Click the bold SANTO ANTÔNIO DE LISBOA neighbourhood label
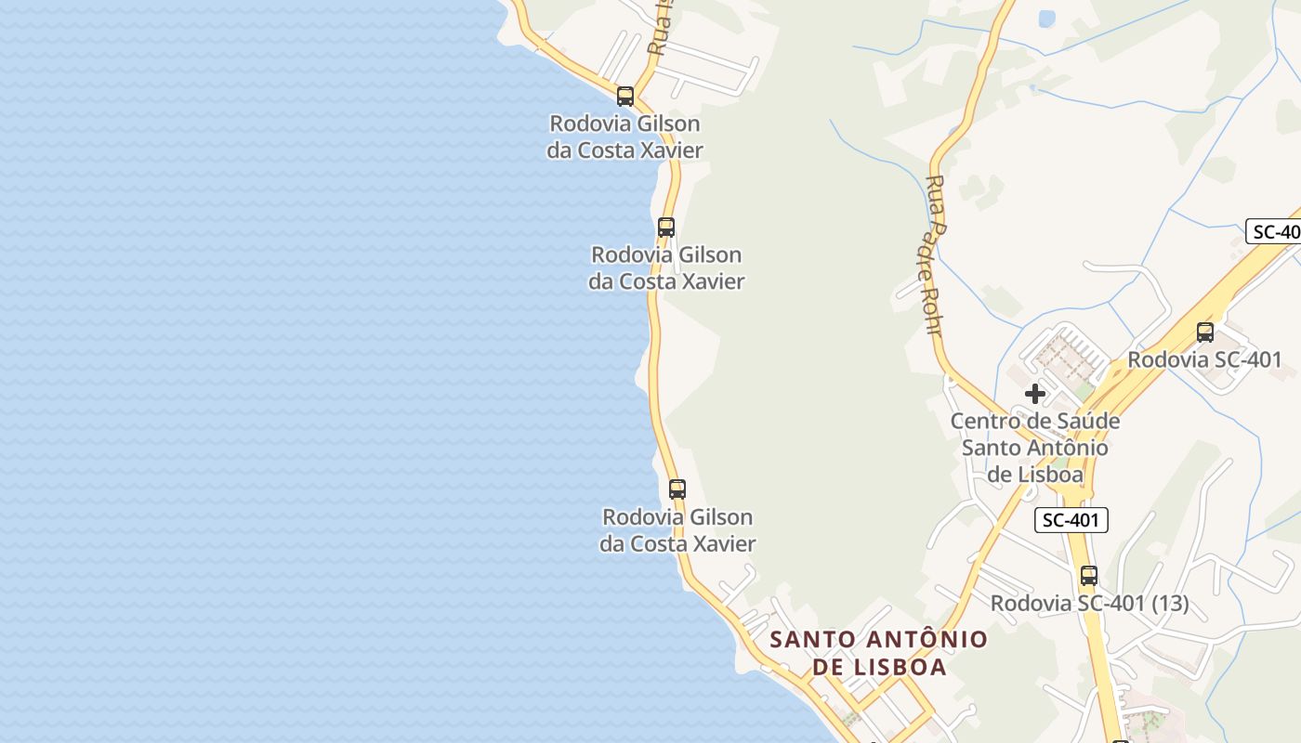tap(879, 653)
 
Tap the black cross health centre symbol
tap(1034, 394)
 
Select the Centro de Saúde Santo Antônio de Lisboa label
tap(1034, 448)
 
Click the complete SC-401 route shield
tap(1071, 520)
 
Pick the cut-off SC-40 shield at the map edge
tap(1274, 232)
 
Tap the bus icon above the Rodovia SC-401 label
tap(1205, 332)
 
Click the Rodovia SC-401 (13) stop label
tap(1089, 604)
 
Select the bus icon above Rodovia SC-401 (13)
tap(1089, 576)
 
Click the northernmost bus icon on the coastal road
tap(625, 97)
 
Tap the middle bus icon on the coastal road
tap(666, 228)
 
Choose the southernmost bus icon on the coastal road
tap(677, 489)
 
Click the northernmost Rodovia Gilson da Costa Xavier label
tap(624, 137)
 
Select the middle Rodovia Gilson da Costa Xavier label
tap(666, 267)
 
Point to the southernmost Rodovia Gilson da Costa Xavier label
tap(677, 530)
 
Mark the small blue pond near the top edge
tap(1046, 19)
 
